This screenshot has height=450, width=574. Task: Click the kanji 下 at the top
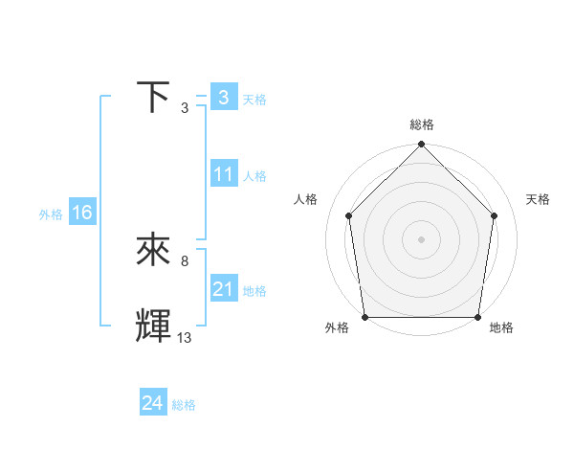pyautogui.click(x=154, y=98)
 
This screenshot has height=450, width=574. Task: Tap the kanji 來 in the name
pyautogui.click(x=154, y=251)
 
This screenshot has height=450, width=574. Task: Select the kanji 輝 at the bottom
pyautogui.click(x=154, y=326)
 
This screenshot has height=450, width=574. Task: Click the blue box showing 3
pyautogui.click(x=223, y=98)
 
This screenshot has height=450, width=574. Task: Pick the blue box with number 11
pyautogui.click(x=224, y=174)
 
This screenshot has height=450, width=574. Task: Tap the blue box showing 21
pyautogui.click(x=224, y=289)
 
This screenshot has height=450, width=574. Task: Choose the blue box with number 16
pyautogui.click(x=82, y=213)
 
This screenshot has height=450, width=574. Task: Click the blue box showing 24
pyautogui.click(x=152, y=403)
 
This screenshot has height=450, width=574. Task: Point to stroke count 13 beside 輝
pyautogui.click(x=185, y=337)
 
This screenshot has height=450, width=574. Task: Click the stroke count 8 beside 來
pyautogui.click(x=185, y=260)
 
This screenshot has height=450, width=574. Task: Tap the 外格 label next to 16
pyautogui.click(x=51, y=214)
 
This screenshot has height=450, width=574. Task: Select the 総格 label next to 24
pyautogui.click(x=184, y=405)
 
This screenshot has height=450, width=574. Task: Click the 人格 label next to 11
pyautogui.click(x=254, y=176)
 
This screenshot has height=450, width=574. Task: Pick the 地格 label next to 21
pyautogui.click(x=254, y=291)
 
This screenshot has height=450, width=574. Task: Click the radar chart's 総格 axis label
pyautogui.click(x=422, y=124)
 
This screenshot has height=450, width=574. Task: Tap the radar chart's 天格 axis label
pyautogui.click(x=538, y=199)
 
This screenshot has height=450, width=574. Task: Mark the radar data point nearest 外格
pyautogui.click(x=365, y=317)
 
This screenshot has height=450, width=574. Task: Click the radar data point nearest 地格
pyautogui.click(x=477, y=317)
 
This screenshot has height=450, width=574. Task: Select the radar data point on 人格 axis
pyautogui.click(x=348, y=215)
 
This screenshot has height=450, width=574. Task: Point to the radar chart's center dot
pyautogui.click(x=422, y=238)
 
